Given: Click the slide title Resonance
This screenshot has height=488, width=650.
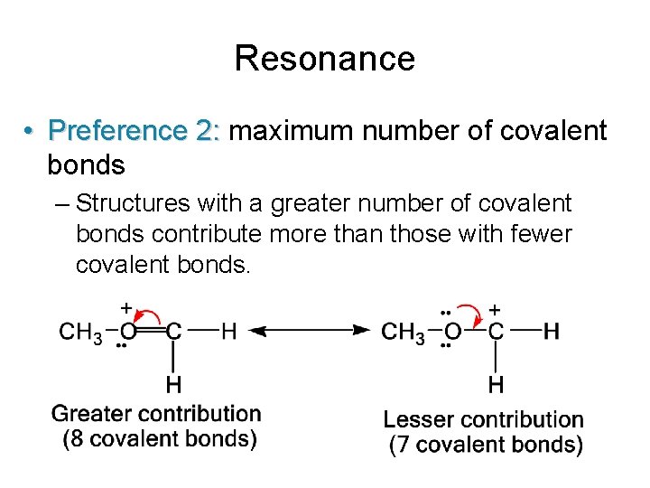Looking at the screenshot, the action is click(324, 59).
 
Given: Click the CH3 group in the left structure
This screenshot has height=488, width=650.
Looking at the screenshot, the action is click(80, 333).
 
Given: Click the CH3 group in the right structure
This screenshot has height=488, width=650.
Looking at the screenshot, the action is click(403, 333).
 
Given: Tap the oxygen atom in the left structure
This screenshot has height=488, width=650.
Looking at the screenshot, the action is click(128, 332).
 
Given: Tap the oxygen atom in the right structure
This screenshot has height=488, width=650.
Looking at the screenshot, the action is click(451, 332).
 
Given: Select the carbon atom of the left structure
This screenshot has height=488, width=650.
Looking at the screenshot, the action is click(173, 332).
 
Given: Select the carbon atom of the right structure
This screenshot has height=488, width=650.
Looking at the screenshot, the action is click(496, 332).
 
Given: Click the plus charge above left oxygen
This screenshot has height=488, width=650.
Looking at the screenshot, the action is click(126, 307).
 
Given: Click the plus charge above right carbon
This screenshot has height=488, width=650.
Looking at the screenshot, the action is click(496, 309).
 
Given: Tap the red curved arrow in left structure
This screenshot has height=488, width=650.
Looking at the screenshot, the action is click(151, 315).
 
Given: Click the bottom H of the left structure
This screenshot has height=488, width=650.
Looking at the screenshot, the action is click(173, 385).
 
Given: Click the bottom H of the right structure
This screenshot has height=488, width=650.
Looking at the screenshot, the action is click(496, 385).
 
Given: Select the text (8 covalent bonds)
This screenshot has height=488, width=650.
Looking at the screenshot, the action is click(160, 440).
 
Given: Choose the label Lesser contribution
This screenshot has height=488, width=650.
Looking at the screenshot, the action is click(484, 419).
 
